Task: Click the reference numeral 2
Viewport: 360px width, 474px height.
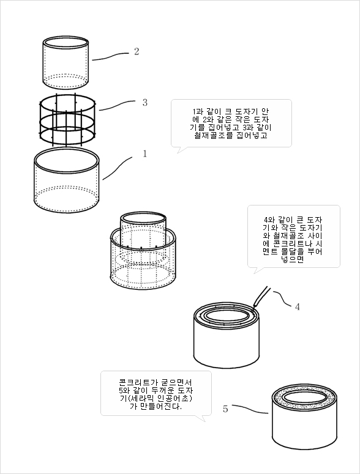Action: coord(137,51)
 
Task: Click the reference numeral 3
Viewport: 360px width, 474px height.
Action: coord(145,103)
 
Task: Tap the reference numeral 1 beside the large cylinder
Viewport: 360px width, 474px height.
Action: coord(144,154)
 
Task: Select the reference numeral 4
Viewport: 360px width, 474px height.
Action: coord(297,307)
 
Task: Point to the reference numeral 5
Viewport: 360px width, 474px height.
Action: coord(225,409)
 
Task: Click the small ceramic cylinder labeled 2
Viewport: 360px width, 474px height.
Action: coord(66,63)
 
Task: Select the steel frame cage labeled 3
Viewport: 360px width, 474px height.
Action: coord(67,120)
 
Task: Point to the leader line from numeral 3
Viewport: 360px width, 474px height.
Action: coord(117,105)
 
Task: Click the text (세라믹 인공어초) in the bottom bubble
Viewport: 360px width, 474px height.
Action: coord(159,398)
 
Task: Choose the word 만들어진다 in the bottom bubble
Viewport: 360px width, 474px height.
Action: coord(158,406)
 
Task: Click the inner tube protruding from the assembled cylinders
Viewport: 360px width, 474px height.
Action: coord(143,231)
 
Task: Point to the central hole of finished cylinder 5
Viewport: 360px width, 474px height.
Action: coord(304,398)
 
